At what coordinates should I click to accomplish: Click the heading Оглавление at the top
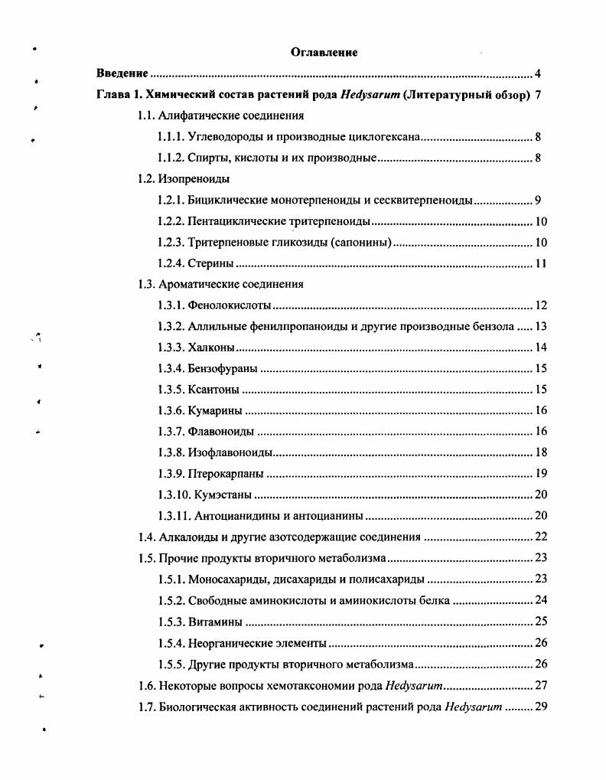(324, 52)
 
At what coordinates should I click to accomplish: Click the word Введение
(122, 74)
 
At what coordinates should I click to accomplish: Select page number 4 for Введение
(538, 74)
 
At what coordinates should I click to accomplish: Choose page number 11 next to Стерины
(540, 264)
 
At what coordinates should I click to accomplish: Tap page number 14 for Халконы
(540, 348)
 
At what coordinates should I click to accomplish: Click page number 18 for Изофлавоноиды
(540, 452)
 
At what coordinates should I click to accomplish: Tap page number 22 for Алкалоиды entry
(540, 537)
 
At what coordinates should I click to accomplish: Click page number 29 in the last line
(540, 705)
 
